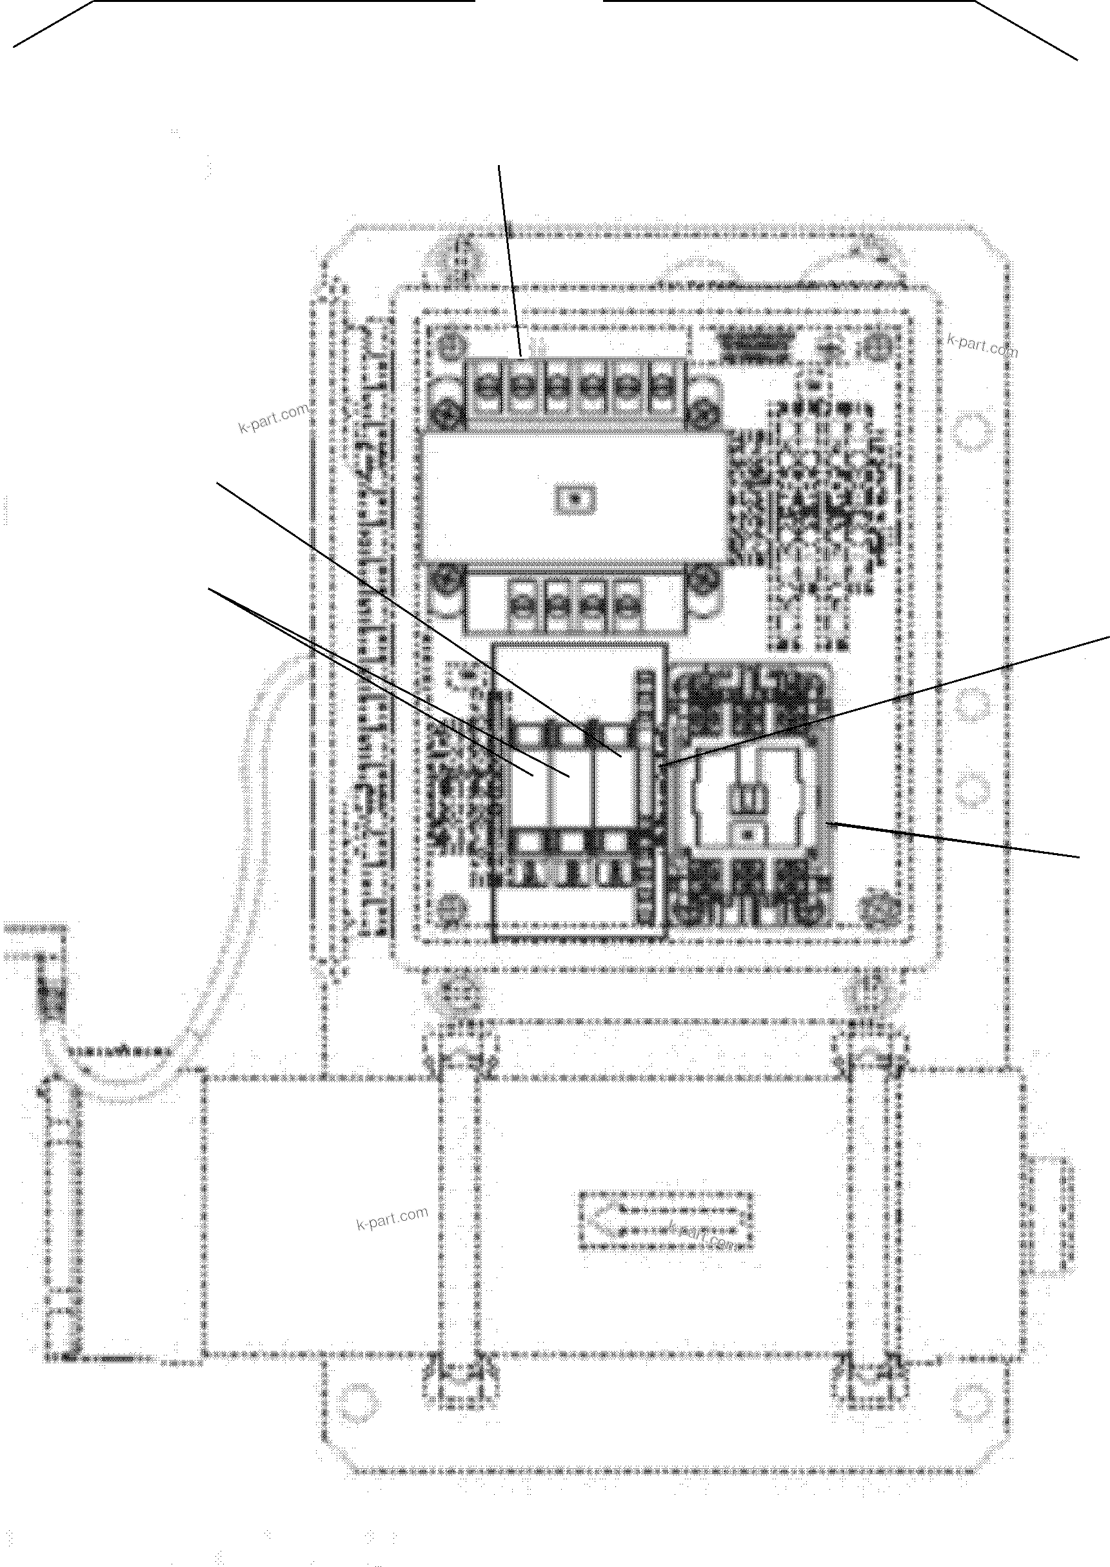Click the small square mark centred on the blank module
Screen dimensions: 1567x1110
575,499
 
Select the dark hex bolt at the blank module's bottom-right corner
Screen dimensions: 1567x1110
701,581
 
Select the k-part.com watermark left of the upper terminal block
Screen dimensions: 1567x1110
272,419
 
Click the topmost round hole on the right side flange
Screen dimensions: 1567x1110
971,430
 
